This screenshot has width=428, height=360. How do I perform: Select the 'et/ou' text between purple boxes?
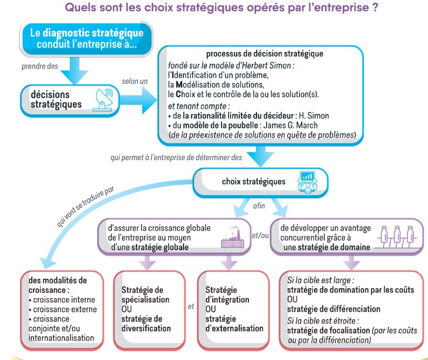click(x=260, y=236)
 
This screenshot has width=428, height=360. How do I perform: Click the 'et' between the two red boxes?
click(x=191, y=307)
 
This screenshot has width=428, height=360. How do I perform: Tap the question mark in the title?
click(x=375, y=9)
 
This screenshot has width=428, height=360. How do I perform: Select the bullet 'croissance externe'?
click(x=65, y=309)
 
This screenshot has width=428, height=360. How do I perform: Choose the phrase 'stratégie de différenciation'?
click(x=333, y=309)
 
